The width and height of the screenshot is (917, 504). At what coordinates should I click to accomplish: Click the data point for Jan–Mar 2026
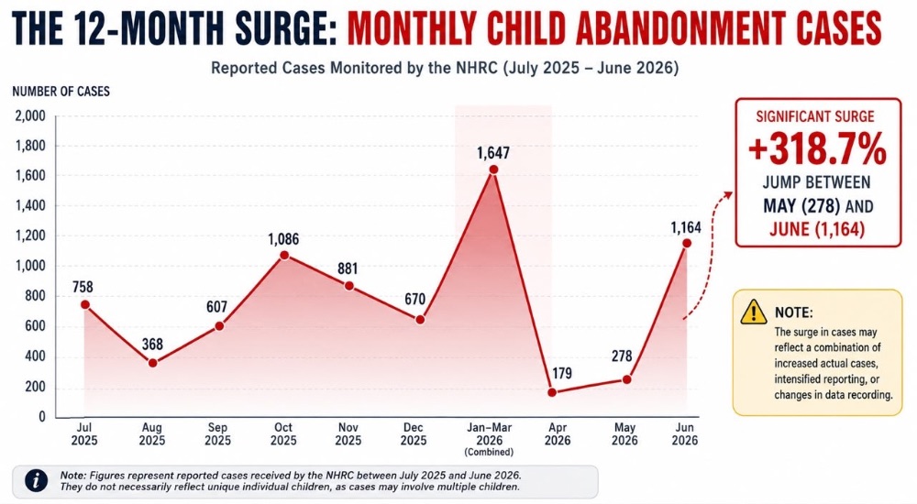point(493,170)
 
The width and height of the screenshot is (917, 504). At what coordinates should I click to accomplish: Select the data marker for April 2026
point(552,392)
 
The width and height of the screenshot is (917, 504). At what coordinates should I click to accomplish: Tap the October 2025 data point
point(283,255)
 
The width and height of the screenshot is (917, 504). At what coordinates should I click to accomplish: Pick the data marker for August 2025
point(152,363)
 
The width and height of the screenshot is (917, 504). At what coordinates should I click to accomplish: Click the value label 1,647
point(493,153)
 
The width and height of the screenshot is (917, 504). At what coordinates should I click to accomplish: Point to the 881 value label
point(348,269)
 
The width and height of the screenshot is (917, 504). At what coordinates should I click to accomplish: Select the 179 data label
point(562,374)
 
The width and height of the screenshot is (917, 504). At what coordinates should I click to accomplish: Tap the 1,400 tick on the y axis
point(30,206)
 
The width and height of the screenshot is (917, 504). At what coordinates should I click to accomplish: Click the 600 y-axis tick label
point(34,326)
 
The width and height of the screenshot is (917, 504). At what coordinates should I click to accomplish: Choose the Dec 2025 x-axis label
point(413,433)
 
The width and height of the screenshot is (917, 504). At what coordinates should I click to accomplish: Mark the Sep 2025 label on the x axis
point(217,433)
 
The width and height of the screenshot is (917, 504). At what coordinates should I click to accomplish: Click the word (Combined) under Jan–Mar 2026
point(489,452)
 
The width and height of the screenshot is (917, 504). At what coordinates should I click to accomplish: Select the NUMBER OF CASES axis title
point(61,92)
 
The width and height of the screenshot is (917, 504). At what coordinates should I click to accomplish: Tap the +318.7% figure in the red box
point(818,149)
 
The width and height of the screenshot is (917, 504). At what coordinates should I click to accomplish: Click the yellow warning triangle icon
point(753,312)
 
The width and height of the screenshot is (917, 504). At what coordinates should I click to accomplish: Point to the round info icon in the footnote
point(37,481)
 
